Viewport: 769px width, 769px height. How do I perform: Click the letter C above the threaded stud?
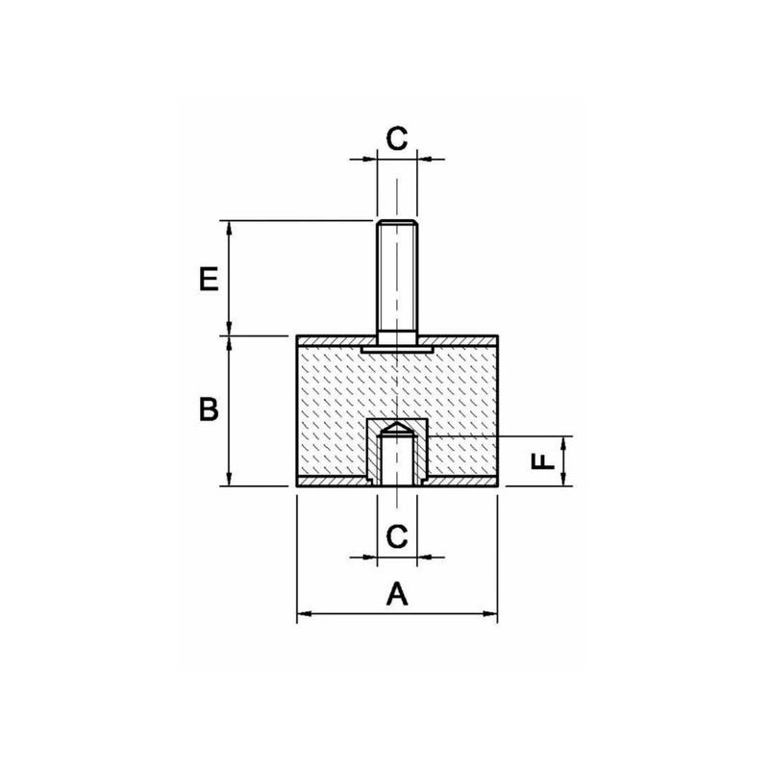point(397,138)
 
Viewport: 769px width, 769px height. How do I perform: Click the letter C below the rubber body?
point(397,536)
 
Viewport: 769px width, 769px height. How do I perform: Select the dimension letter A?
point(397,593)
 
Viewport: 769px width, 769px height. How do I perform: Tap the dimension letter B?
point(209,410)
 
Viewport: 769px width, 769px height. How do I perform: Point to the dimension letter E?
point(209,280)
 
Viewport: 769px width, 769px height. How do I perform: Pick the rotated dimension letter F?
point(543,461)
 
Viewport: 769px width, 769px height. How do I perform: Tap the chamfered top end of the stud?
point(397,224)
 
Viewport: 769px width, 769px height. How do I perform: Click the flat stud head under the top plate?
point(397,349)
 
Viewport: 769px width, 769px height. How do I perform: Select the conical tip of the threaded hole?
point(397,428)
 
